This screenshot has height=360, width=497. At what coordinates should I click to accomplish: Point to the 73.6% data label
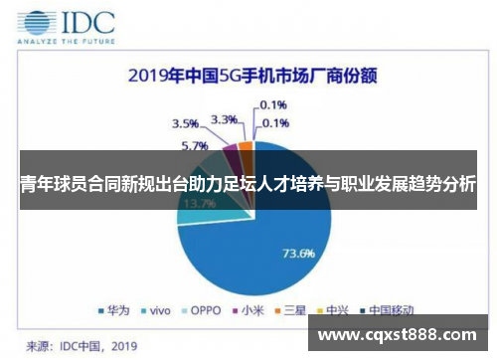299,253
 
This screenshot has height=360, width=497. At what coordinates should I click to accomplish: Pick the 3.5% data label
185,124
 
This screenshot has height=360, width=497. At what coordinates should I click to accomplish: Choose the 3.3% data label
226,119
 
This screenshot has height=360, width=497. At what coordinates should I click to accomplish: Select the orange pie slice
246,150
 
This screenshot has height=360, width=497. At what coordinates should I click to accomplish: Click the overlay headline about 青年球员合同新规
248,184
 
